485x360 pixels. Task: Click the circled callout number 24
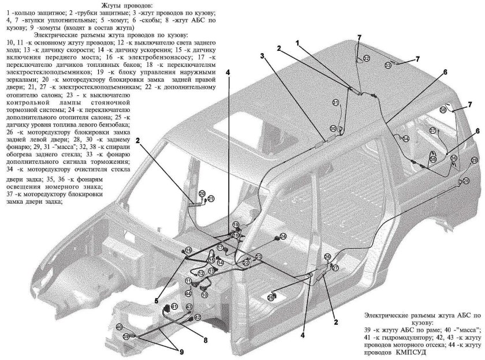(283, 237)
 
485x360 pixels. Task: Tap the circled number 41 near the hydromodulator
(174, 306)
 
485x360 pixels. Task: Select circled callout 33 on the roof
(388, 66)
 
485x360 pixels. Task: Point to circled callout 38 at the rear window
(443, 110)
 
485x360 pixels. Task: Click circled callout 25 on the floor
(271, 297)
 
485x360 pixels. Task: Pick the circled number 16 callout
(188, 250)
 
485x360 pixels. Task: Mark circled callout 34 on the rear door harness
(406, 138)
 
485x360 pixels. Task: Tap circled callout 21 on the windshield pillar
(211, 199)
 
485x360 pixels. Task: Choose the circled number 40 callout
(120, 327)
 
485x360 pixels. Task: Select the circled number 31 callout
(335, 103)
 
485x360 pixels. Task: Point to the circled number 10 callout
(204, 295)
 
